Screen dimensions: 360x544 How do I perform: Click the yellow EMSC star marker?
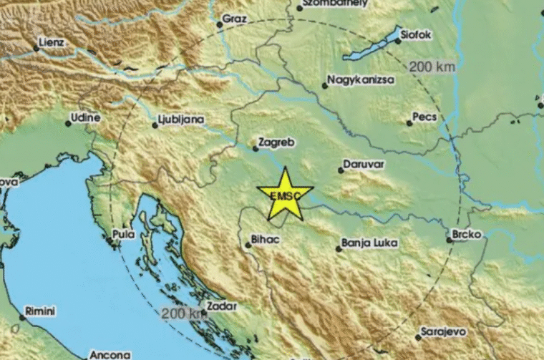pos(285,194)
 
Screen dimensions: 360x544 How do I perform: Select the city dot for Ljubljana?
pos(155,126)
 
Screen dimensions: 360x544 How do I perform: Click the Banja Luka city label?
pos(369,243)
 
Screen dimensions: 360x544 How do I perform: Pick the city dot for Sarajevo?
pos(418,337)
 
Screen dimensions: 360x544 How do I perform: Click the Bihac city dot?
pos(248,245)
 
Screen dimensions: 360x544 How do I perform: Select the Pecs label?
pos(424,117)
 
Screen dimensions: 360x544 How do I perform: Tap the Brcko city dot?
pos(450,240)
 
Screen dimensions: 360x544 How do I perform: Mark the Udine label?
pos(85,117)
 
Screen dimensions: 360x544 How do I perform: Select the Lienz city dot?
pos(36,49)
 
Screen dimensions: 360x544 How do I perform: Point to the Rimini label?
pos(40,311)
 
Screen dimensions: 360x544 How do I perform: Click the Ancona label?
pos(110,354)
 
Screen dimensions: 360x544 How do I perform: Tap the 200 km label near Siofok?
pos(432,67)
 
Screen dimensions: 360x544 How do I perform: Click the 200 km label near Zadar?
pos(181,313)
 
